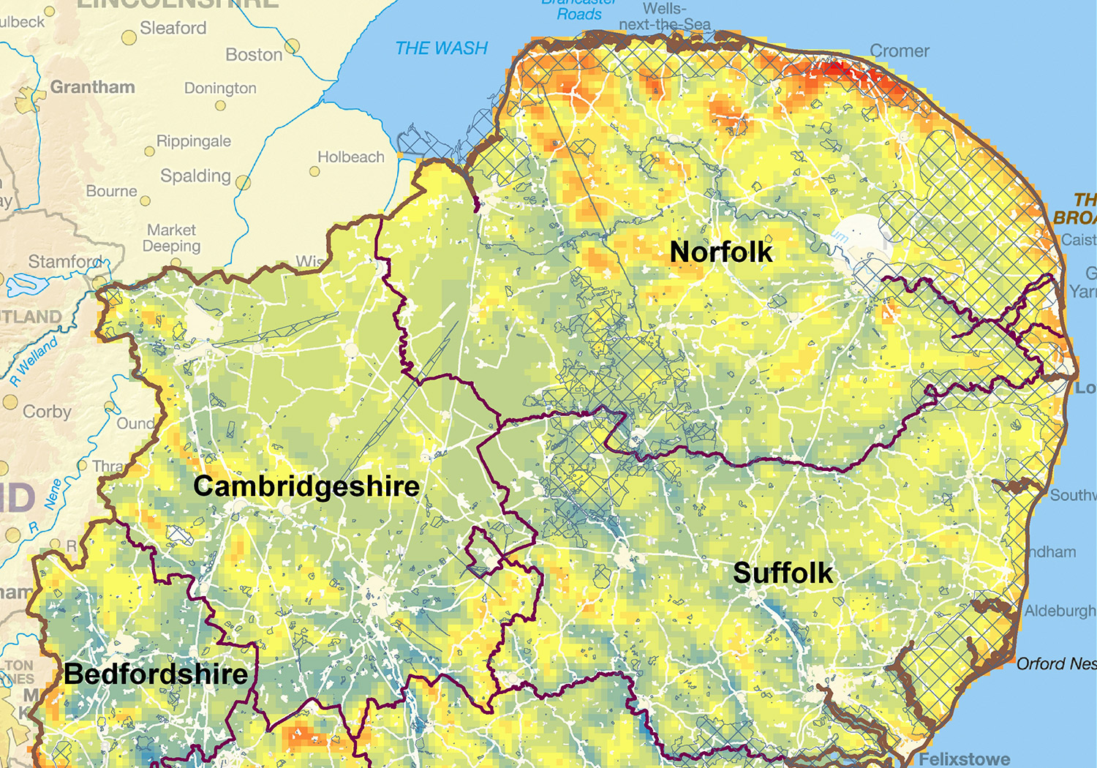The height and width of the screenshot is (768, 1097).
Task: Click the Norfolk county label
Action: [721, 252]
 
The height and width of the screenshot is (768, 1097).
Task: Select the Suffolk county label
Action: [783, 573]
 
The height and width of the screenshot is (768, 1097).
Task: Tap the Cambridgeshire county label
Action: [306, 486]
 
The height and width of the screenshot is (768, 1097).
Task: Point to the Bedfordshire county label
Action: [156, 674]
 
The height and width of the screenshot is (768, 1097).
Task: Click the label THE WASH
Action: [441, 48]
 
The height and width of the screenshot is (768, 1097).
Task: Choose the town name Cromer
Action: [899, 51]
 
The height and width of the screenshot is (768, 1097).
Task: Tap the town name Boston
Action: [254, 55]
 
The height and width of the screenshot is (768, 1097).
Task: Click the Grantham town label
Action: [92, 87]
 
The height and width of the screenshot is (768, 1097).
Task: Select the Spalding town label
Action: [195, 176]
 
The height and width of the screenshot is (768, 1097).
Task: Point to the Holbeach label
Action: [350, 157]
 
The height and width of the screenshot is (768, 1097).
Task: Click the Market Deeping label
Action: [171, 238]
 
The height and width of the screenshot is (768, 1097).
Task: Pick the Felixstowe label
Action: [964, 759]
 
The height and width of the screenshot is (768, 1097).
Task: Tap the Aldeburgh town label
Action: [1060, 611]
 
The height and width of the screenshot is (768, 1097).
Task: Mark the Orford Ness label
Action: [1056, 664]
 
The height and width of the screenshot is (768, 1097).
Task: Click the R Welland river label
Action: [34, 361]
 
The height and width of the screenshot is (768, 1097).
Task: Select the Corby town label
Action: [47, 412]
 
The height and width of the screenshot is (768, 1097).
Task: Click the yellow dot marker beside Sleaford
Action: [129, 38]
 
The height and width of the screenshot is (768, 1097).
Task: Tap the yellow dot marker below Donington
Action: [220, 106]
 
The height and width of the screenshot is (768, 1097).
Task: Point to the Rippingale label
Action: [194, 141]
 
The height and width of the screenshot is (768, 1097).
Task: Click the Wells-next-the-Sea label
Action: [664, 17]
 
